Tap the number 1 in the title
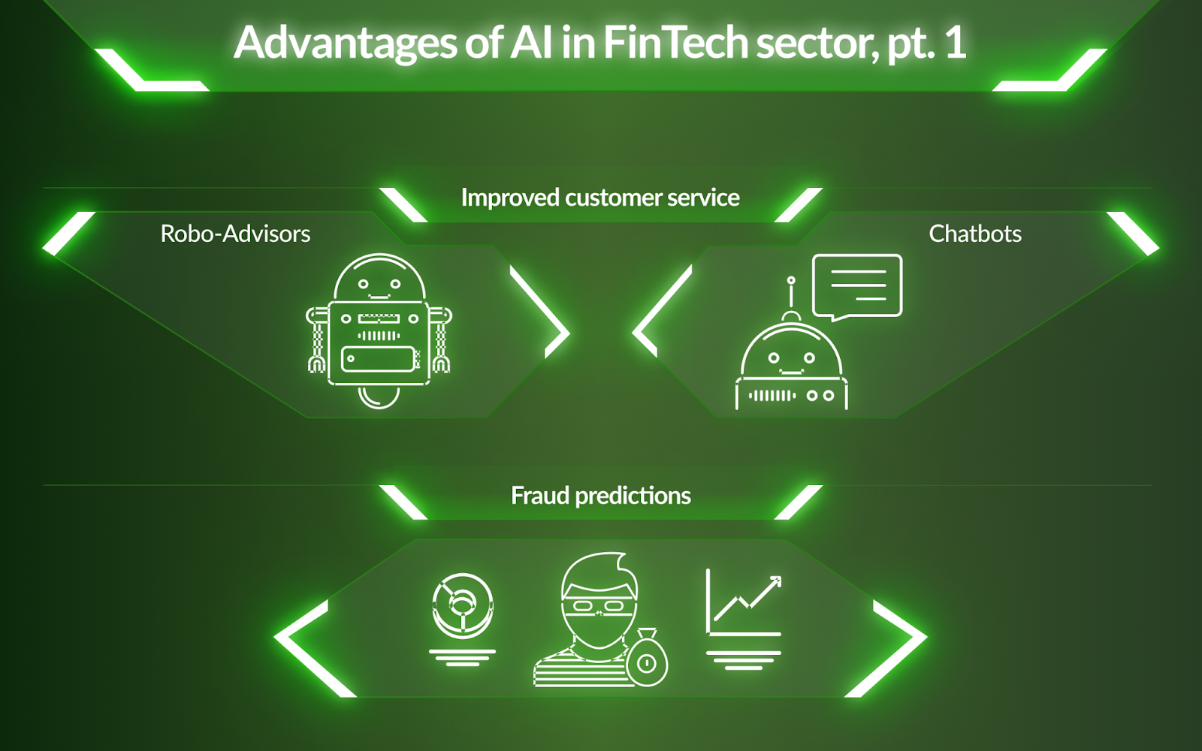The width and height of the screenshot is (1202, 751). click(x=955, y=43)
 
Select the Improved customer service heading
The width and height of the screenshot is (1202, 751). click(x=600, y=198)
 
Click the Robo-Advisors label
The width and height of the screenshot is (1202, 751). click(x=235, y=234)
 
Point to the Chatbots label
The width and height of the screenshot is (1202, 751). click(x=975, y=234)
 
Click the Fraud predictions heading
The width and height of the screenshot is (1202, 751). click(x=601, y=496)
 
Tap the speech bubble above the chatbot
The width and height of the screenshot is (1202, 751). click(x=857, y=286)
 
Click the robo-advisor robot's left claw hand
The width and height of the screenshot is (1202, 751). click(x=316, y=363)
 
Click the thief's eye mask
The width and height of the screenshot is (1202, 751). click(x=599, y=604)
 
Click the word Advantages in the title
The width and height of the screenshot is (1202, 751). click(x=345, y=43)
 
